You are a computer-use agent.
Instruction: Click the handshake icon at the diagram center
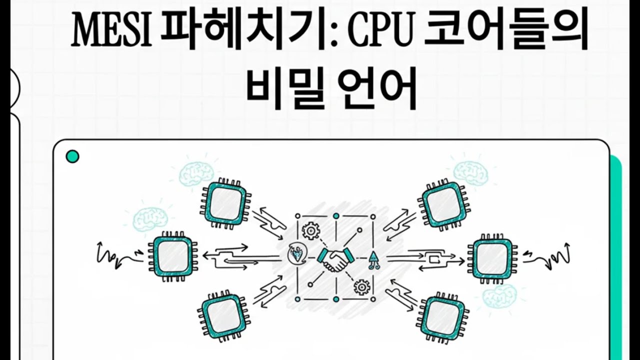[335, 258]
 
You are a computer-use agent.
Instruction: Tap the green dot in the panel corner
[72, 157]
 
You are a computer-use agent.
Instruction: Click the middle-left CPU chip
[172, 256]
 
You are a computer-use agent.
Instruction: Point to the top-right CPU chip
[441, 204]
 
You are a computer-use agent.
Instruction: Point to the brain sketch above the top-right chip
[470, 171]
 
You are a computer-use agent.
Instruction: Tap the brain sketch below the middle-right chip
[500, 296]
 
